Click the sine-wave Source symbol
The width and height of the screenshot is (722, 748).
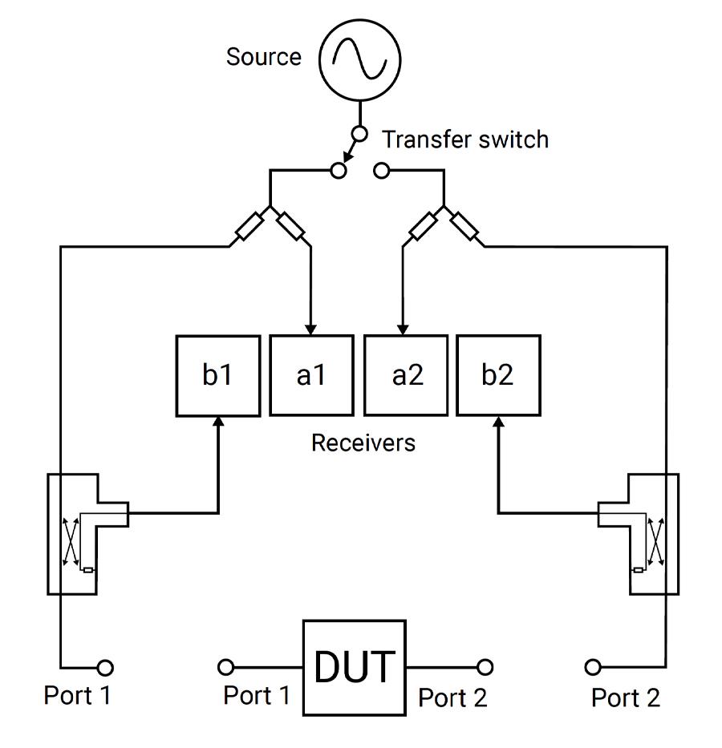(359, 59)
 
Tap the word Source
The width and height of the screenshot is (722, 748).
(263, 57)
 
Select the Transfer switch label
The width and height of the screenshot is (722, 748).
(465, 139)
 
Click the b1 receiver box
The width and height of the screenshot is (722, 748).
(218, 376)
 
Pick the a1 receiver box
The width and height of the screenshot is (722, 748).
(311, 376)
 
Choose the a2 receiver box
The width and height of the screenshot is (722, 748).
(406, 376)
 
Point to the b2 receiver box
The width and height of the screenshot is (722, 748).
(498, 376)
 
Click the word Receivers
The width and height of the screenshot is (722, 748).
(363, 443)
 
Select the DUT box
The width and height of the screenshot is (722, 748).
(354, 667)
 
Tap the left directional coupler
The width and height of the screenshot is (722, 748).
(73, 534)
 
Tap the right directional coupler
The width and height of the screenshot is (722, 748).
(654, 534)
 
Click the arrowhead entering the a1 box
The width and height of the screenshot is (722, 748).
(311, 330)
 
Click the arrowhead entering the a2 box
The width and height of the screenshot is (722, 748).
(404, 330)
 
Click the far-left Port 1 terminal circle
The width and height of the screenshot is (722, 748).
(105, 667)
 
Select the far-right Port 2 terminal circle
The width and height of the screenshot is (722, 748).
(593, 667)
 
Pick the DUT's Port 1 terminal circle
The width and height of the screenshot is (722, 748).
(226, 667)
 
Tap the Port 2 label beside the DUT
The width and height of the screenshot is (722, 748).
(452, 697)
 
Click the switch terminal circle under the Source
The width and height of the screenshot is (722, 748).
(359, 134)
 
